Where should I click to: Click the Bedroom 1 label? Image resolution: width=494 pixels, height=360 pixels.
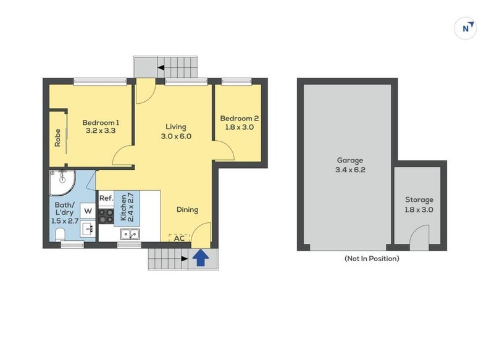101,122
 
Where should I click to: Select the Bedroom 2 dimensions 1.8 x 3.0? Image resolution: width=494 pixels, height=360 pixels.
239,127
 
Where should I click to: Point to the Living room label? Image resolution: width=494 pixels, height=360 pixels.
176,127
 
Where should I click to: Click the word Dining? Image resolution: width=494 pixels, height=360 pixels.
187,210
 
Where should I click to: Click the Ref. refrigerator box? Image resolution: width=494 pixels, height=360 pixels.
106,198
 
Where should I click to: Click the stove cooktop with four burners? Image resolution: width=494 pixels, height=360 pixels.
106,216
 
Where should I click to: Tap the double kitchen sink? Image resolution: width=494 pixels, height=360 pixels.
130,234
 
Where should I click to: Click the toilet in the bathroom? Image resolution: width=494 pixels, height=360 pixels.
61,234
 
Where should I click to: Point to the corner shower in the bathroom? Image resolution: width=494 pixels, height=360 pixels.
62,181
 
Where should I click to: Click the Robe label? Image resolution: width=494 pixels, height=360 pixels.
57,138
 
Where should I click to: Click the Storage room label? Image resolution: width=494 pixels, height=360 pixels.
419,200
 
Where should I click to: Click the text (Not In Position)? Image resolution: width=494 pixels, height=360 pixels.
371,259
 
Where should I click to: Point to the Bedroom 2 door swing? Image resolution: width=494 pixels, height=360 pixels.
224,149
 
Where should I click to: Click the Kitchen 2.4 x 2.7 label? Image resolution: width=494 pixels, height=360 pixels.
127,207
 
